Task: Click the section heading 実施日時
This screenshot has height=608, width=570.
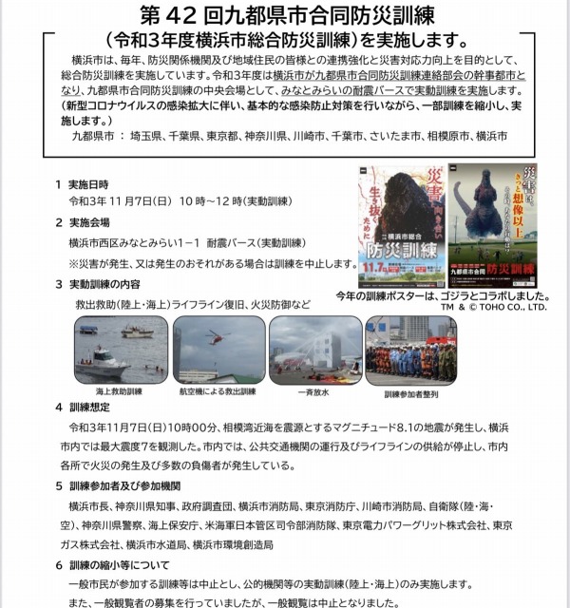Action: (94, 183)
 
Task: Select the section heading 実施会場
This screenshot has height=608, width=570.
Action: (94, 222)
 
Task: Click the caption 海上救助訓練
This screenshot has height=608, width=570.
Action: (119, 390)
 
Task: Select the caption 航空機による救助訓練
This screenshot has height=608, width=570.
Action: (216, 390)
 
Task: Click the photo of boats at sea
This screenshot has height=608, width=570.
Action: (121, 349)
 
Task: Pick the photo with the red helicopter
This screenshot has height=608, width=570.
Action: (218, 349)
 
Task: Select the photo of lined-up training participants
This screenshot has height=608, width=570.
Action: (410, 349)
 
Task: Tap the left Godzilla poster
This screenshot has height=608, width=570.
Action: (401, 224)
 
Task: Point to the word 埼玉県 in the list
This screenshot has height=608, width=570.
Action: (147, 136)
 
